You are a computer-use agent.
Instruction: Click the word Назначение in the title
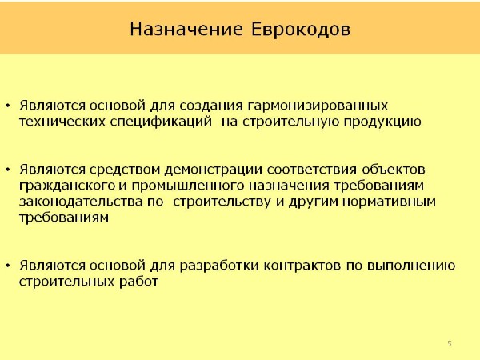point(186,30)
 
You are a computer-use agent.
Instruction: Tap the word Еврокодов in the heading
point(301,30)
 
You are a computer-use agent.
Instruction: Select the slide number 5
point(450,343)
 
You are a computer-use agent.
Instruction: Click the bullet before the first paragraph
point(8,106)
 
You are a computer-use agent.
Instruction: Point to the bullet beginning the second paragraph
point(8,170)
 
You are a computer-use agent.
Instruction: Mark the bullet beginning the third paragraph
point(8,266)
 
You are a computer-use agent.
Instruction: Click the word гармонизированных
point(318,106)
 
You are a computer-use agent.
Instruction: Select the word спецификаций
point(161,122)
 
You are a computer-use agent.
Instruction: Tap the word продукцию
point(382,122)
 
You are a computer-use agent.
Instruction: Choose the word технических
point(62,122)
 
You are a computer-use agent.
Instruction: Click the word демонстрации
point(213,170)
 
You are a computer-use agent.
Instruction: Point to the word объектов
point(394,170)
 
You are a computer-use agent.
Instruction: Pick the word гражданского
point(67,186)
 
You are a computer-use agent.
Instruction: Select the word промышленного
point(188,186)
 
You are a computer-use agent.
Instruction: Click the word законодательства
point(81,202)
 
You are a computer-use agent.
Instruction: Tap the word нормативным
point(389,202)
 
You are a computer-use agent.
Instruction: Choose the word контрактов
point(302,266)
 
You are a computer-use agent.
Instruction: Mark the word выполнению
point(411,266)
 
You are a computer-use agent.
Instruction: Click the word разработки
point(219,266)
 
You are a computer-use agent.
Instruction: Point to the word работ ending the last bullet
point(138,282)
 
